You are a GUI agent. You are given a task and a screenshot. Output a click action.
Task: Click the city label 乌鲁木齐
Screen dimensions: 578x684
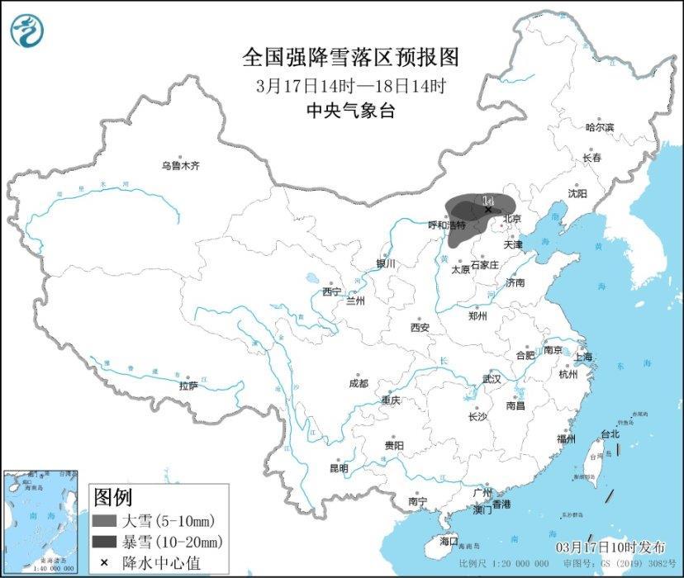(180, 166)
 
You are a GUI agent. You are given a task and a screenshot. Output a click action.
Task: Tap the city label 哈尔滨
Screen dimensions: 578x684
(600, 128)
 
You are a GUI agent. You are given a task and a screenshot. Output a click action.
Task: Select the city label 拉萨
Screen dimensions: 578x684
(188, 386)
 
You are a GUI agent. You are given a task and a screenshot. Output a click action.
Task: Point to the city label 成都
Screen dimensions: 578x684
(359, 383)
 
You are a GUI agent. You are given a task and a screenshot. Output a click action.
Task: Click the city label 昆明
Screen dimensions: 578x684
(339, 468)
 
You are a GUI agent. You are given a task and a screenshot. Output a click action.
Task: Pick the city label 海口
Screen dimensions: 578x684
(449, 541)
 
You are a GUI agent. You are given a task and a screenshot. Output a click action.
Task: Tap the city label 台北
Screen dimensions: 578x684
(610, 433)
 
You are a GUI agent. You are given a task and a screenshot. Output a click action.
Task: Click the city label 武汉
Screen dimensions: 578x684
(492, 379)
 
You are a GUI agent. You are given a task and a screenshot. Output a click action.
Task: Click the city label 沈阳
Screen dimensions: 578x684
(577, 193)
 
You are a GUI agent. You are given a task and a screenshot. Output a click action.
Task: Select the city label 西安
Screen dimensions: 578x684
(420, 327)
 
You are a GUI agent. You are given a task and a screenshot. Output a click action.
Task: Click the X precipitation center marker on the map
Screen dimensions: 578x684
(488, 210)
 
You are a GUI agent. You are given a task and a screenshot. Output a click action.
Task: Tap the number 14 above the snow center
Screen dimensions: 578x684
(487, 200)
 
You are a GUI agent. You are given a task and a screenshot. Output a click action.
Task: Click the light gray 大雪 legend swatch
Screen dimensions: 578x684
(104, 521)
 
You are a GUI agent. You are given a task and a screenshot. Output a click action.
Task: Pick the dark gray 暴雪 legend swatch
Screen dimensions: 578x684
(104, 542)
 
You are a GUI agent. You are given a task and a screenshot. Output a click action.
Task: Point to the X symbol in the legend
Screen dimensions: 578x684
(104, 562)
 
